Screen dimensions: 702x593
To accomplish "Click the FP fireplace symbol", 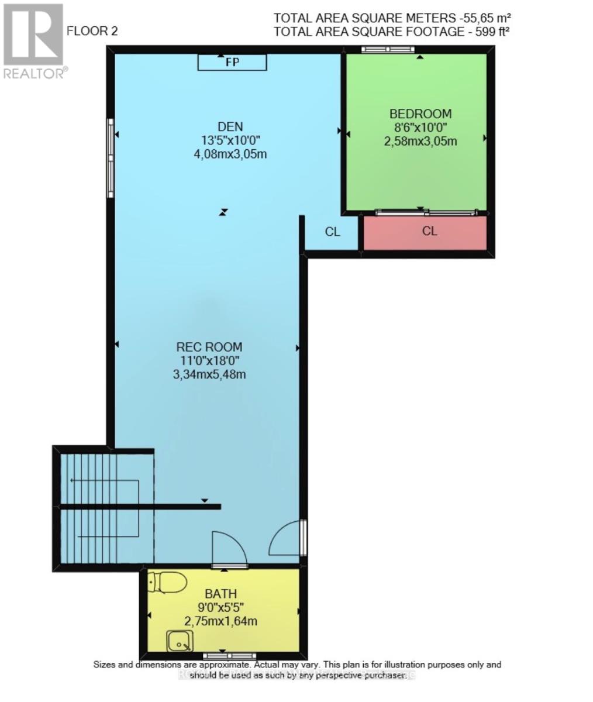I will pos(232,62).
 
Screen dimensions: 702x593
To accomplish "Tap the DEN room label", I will pos(230,126).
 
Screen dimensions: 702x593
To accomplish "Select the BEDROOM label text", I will pos(420,113).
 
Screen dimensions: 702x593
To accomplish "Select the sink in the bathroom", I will pos(178,641).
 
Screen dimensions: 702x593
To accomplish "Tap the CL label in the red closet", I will pos(429,231).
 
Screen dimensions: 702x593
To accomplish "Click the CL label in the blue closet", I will pos(332,232).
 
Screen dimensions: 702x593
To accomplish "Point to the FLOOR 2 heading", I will pos(92,31).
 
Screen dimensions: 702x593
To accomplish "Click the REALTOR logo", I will pos(33,41).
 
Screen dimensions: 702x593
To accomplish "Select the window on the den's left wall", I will pos(109,158).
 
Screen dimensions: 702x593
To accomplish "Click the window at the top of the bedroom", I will pos(384,50).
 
